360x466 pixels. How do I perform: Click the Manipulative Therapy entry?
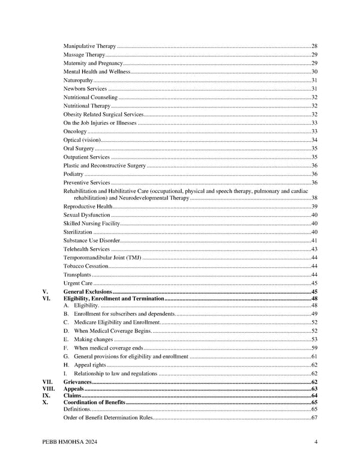click(89, 46)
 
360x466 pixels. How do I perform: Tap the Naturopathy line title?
click(78, 80)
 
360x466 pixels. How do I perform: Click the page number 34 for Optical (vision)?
click(314, 140)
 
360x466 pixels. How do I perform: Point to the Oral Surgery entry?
click(79, 148)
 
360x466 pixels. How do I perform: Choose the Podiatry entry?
click(73, 174)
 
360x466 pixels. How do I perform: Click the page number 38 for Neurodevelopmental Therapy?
click(314, 198)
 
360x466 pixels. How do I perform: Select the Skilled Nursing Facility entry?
click(92, 223)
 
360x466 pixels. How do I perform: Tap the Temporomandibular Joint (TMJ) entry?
click(101, 257)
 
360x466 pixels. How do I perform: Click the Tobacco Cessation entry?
click(86, 265)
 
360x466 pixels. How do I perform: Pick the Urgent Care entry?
click(78, 283)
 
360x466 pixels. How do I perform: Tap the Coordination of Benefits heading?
click(95, 402)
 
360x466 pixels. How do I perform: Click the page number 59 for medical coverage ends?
click(314, 348)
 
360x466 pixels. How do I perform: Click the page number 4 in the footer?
click(316, 443)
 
